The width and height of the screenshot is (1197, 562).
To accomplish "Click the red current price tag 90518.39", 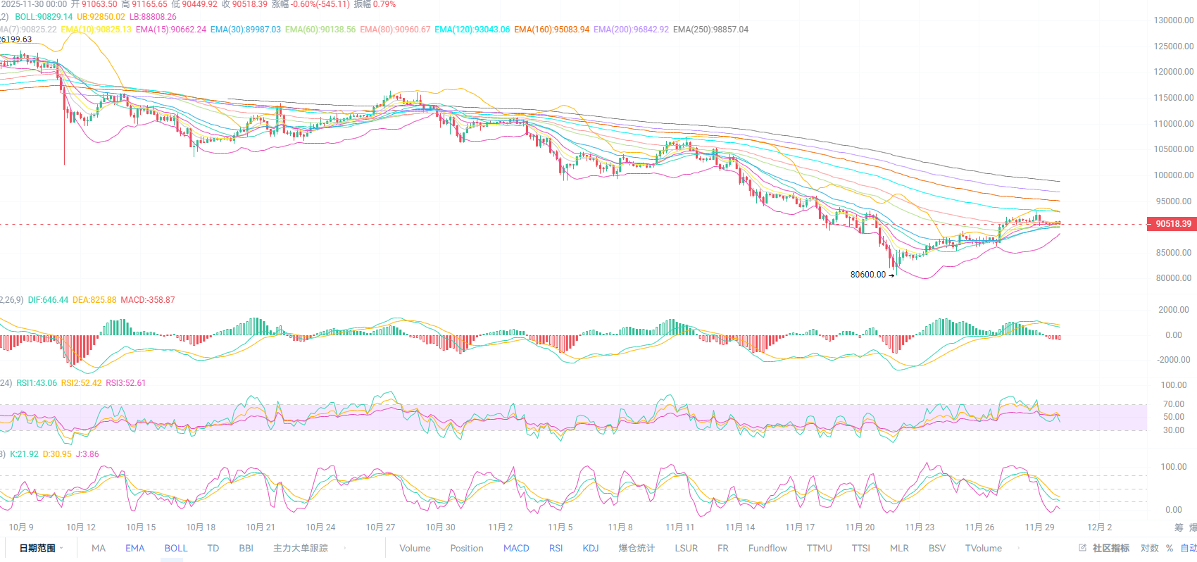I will coord(1173,224).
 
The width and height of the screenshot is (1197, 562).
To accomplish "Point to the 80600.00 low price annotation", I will coord(868,275).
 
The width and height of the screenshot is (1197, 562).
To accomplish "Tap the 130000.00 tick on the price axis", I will coord(1173,20).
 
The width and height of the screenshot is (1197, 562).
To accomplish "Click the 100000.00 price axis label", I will coord(1173,175).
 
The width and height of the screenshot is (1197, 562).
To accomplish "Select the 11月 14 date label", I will coord(740,527).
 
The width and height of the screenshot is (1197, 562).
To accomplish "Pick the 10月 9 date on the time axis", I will coord(21,527).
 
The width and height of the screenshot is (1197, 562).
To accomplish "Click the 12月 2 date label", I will coord(1099,527).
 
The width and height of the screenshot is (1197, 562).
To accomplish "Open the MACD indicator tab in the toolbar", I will coord(516,549).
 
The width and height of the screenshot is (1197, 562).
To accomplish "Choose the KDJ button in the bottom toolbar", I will coord(591,549).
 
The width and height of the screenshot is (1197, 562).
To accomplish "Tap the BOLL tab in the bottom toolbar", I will coord(176,549).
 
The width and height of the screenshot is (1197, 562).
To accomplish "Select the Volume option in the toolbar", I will coord(415,549).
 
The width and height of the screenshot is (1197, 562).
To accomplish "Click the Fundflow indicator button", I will coord(767,549).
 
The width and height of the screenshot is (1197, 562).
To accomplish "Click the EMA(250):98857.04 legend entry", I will coord(710,30).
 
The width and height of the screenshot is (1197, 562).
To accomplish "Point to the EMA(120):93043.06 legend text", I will coord(472,30).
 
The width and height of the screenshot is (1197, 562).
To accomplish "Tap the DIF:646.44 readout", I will coord(48,300).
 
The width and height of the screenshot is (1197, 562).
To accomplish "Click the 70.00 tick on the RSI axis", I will coord(1173,404).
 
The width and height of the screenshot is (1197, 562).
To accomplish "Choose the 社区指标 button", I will coord(1110,549).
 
